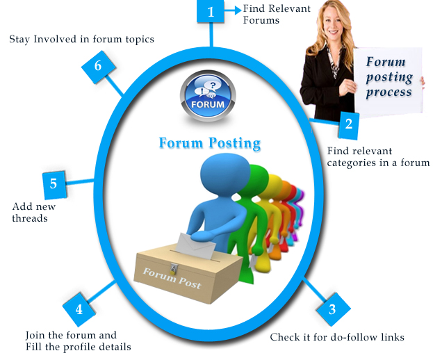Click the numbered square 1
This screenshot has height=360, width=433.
point(211,12)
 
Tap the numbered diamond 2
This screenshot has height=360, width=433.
point(348,125)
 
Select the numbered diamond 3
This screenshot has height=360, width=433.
point(332,310)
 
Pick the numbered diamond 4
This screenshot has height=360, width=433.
point(79,309)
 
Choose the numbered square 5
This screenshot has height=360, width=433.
point(54,184)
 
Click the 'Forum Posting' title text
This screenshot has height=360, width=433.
point(209,143)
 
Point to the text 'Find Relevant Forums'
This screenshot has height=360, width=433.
point(276,14)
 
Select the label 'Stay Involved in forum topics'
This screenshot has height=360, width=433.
point(81,39)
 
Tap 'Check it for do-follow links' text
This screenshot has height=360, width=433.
point(336,338)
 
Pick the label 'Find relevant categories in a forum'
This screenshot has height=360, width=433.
point(378,156)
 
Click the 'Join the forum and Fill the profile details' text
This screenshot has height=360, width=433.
point(78,341)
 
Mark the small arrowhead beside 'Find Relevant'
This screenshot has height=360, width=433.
point(237,9)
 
